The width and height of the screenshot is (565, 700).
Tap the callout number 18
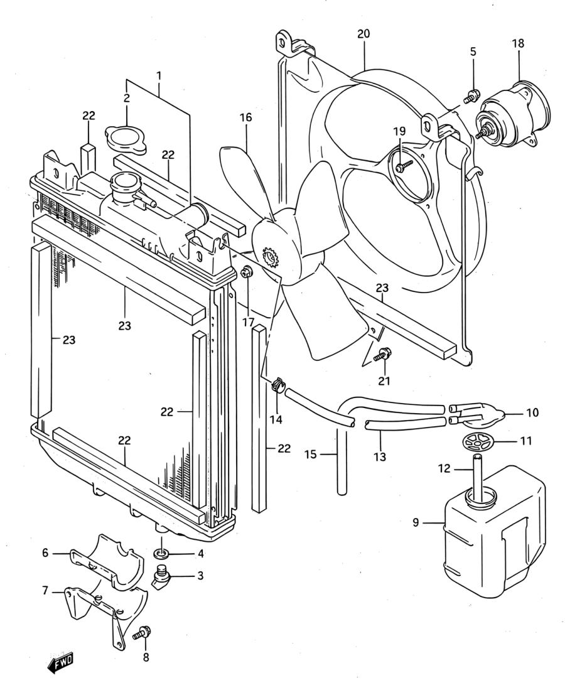point(518,44)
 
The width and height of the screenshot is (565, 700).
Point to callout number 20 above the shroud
point(363,34)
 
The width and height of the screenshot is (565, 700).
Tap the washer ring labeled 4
point(161,554)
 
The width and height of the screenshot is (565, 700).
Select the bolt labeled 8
point(143,633)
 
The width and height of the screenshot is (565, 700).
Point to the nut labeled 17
point(246,271)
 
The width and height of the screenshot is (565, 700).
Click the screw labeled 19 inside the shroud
point(404,166)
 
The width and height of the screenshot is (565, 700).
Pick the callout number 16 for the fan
point(245,117)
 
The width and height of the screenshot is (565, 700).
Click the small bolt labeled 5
point(471,96)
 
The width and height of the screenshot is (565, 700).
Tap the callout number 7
point(45,591)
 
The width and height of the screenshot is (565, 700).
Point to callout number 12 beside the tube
point(444,469)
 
